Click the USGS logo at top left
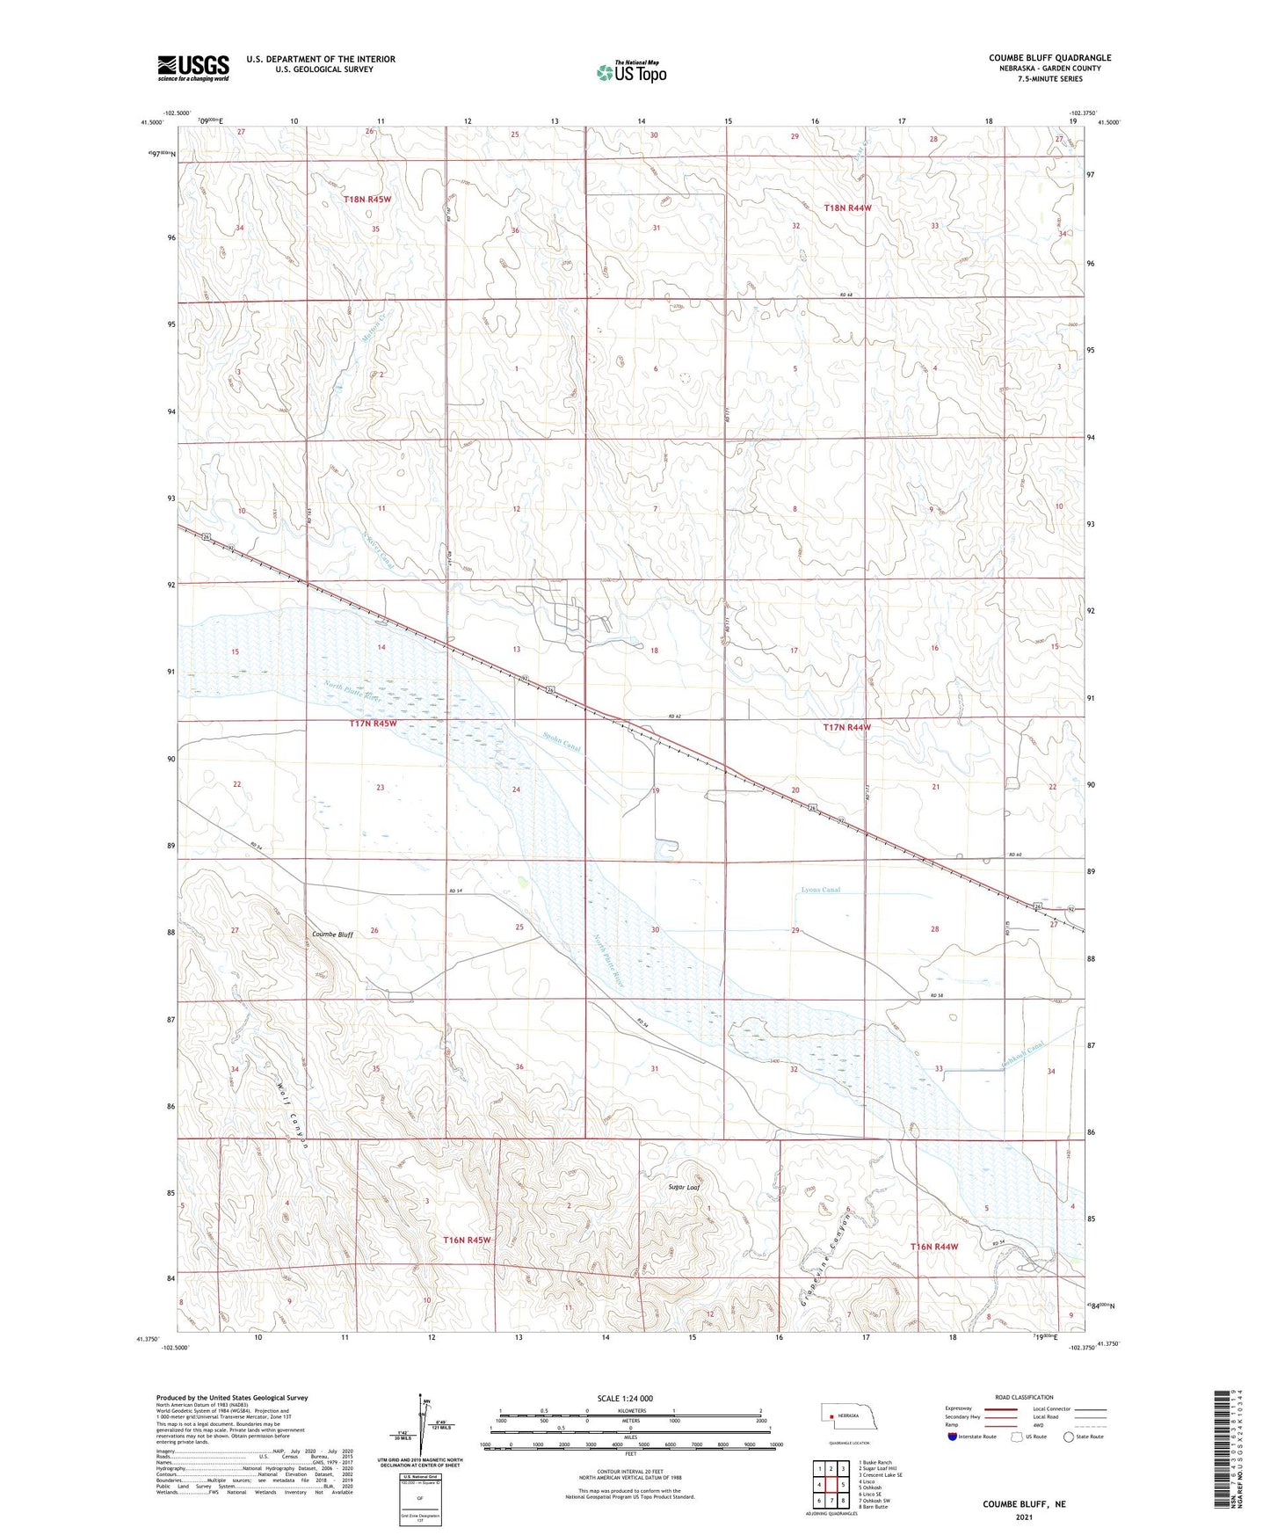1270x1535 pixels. tap(193, 67)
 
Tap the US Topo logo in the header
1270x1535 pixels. tap(630, 72)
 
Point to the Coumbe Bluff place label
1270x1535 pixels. tap(332, 935)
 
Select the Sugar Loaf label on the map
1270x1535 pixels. tap(684, 1187)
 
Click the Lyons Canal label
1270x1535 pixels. tap(820, 890)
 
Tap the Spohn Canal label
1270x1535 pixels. tap(561, 743)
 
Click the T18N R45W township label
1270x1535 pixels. tap(366, 200)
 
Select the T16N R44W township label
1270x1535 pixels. tap(934, 1247)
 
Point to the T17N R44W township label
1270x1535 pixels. tap(847, 728)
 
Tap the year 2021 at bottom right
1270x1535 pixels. tap(1024, 1517)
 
